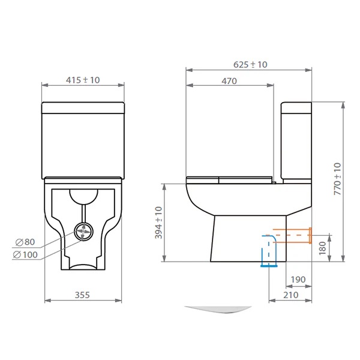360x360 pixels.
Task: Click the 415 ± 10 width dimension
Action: click(x=83, y=80)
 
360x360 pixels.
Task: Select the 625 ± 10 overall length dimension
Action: click(x=251, y=64)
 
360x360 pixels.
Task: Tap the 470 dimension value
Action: click(x=229, y=82)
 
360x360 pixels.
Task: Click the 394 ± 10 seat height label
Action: click(x=158, y=223)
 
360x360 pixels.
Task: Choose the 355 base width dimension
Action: click(x=83, y=295)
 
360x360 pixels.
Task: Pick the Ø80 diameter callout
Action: click(x=26, y=242)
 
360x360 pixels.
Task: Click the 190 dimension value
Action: click(x=298, y=280)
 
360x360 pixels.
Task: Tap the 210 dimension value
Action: click(x=292, y=295)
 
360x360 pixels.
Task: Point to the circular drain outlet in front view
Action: click(x=83, y=230)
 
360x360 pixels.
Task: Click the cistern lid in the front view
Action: click(x=83, y=108)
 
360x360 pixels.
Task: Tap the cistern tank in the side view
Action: click(x=296, y=141)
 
